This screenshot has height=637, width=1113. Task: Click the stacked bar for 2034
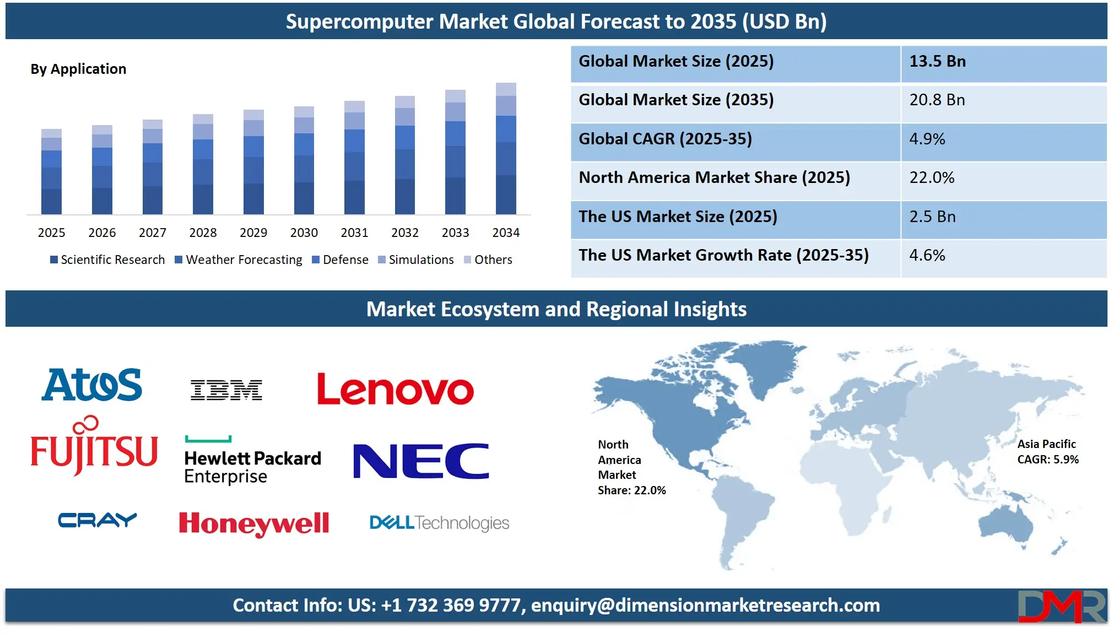point(506,148)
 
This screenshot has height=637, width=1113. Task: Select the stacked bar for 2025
point(51,171)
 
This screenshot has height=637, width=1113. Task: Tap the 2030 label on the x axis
point(304,233)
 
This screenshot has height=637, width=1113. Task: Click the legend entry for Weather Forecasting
point(239,260)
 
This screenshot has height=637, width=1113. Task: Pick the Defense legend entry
point(340,260)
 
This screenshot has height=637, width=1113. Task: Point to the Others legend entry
point(488,260)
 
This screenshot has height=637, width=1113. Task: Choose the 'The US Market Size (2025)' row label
point(678,217)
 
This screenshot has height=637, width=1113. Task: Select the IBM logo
point(226,390)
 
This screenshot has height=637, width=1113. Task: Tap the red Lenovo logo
point(395,389)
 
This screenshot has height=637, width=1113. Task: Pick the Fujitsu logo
point(94,445)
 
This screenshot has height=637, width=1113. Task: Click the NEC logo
point(421,461)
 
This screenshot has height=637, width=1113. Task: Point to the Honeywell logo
point(254,523)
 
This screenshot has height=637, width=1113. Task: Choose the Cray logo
point(98,520)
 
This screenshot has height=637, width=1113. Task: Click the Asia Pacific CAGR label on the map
point(1048,452)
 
